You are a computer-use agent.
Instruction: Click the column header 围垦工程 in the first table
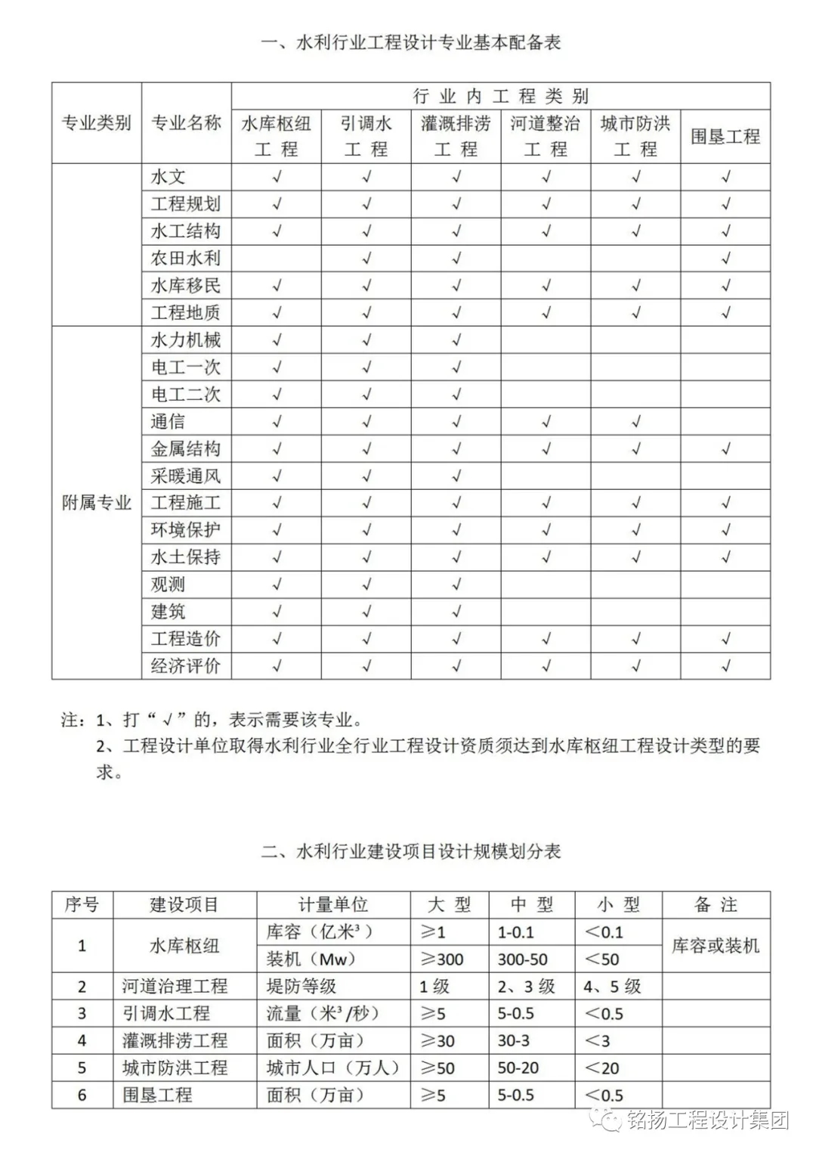pos(725,136)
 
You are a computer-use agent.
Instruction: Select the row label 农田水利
pos(186,259)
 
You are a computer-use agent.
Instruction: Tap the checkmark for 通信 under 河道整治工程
pos(546,422)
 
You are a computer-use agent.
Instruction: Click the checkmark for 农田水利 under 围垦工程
pos(725,259)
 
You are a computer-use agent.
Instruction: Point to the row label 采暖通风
pos(186,476)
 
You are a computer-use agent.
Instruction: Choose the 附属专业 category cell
pos(96,503)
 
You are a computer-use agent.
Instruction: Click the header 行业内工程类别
pos(500,96)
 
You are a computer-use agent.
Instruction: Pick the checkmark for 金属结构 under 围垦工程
pos(725,449)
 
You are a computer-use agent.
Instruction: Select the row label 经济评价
pos(186,666)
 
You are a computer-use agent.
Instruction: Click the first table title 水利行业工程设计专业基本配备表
pos(411,42)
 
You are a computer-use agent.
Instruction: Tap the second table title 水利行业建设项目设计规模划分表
pos(411,851)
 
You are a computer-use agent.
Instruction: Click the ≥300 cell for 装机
pos(442,959)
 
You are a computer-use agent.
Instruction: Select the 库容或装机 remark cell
pos(716,946)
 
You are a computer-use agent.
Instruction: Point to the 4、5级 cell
pos(612,987)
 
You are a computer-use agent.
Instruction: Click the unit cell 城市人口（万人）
pos(332,1068)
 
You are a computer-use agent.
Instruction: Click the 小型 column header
pos(618,905)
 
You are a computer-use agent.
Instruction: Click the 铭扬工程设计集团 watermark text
pos(706,1120)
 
